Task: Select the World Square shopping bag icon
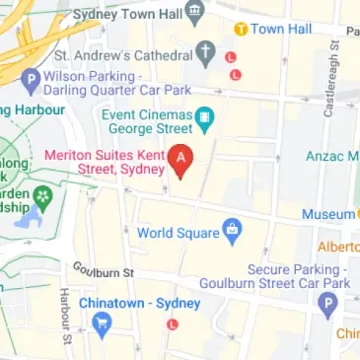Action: point(232,232)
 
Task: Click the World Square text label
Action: point(177,233)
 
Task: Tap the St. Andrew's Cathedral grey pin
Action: point(206,50)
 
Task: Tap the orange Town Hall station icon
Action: point(240,29)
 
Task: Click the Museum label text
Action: point(327,214)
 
